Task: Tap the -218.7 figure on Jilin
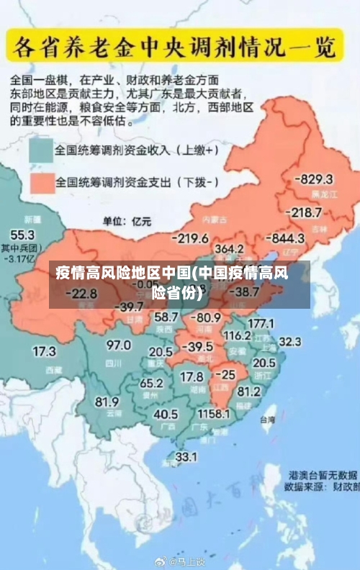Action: tap(303, 212)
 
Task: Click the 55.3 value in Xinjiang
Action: tap(22, 235)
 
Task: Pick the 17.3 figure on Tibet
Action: tap(44, 352)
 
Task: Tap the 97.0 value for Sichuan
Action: tap(119, 345)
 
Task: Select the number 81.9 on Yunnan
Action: tap(107, 401)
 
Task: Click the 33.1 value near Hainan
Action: tap(186, 456)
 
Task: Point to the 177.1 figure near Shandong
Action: tap(261, 323)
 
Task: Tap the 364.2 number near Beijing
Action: tap(230, 248)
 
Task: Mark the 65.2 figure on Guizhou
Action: tap(151, 383)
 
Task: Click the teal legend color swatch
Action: tap(41, 152)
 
